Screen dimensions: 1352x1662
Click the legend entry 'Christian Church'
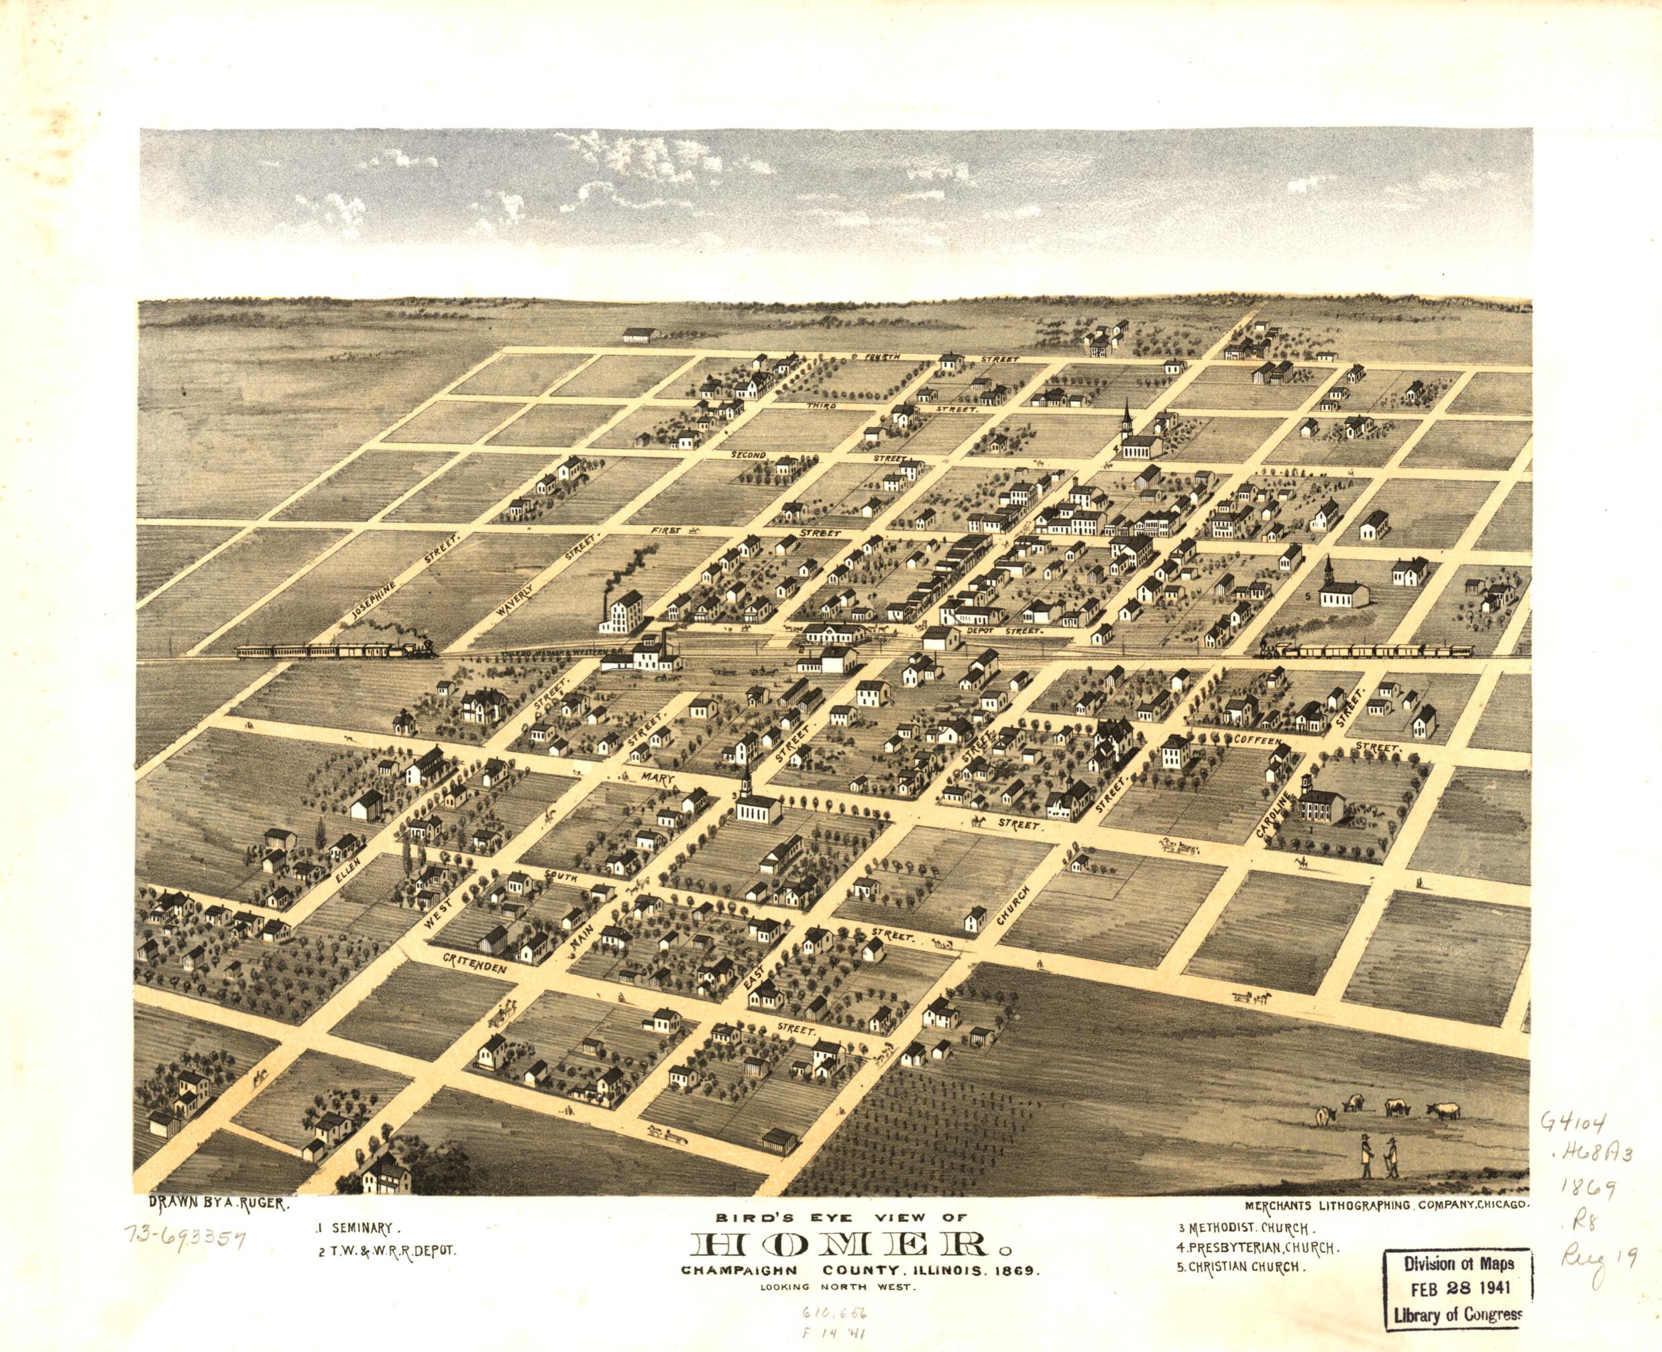(x=1241, y=1266)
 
